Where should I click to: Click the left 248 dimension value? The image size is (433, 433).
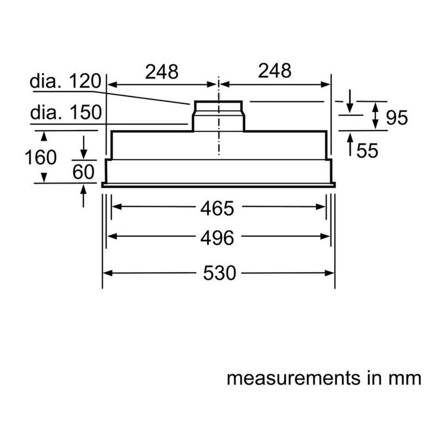click(x=161, y=72)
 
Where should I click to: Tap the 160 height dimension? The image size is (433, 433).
click(x=40, y=157)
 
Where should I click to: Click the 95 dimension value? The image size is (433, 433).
click(x=396, y=117)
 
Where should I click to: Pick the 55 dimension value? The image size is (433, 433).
click(x=367, y=150)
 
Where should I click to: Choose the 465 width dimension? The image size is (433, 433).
click(x=217, y=209)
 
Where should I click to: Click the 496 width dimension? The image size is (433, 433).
click(x=217, y=238)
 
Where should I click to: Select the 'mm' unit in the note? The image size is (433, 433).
click(x=406, y=378)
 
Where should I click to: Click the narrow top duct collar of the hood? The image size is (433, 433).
click(x=218, y=106)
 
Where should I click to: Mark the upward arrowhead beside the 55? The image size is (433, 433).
click(x=350, y=142)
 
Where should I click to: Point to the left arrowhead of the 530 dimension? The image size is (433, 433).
click(x=107, y=273)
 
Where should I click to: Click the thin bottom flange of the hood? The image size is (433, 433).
click(x=218, y=184)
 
